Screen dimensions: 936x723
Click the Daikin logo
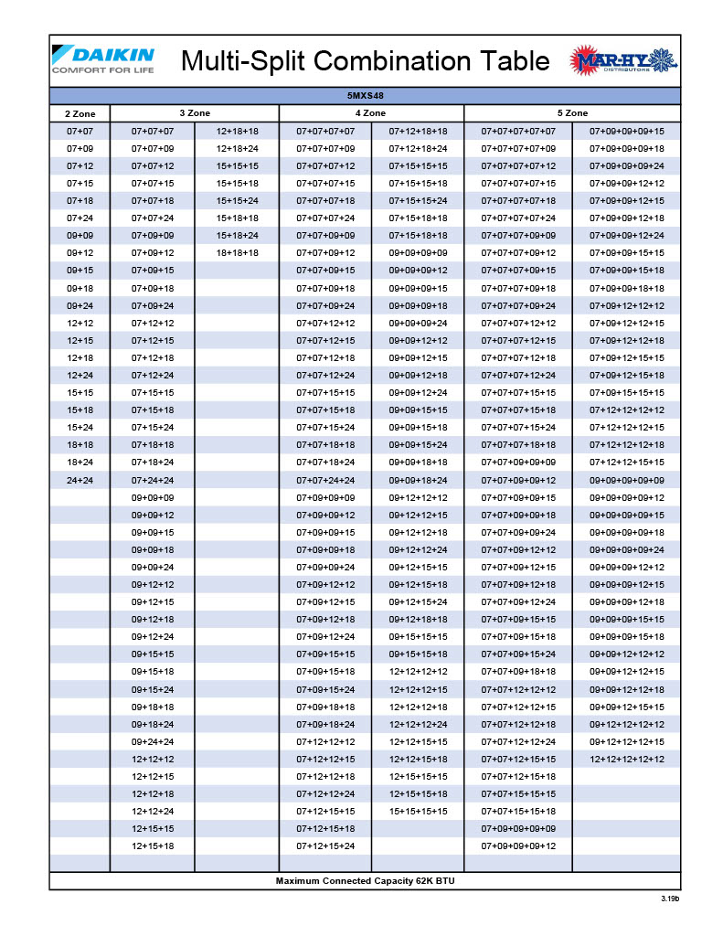(x=102, y=59)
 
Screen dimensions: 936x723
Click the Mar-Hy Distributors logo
(x=624, y=61)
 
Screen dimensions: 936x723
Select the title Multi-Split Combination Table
(x=366, y=61)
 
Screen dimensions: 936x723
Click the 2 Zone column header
(x=80, y=113)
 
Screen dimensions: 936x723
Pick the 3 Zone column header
(x=194, y=113)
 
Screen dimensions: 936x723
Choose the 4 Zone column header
(x=370, y=113)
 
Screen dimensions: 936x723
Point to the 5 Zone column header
(x=572, y=113)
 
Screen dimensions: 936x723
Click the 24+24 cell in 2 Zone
(x=80, y=480)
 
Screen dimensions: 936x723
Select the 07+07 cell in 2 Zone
(x=80, y=131)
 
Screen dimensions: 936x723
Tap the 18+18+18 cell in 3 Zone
(x=237, y=253)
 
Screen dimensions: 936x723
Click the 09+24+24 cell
(x=153, y=741)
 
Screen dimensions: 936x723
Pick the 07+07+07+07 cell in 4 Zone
(x=325, y=131)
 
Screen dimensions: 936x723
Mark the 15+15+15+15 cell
(x=418, y=811)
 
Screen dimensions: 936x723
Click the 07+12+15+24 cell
(x=325, y=846)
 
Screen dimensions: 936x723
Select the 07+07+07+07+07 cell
(x=518, y=131)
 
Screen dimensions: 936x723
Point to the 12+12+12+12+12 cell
(x=627, y=759)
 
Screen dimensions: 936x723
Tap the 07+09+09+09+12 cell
(x=518, y=846)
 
